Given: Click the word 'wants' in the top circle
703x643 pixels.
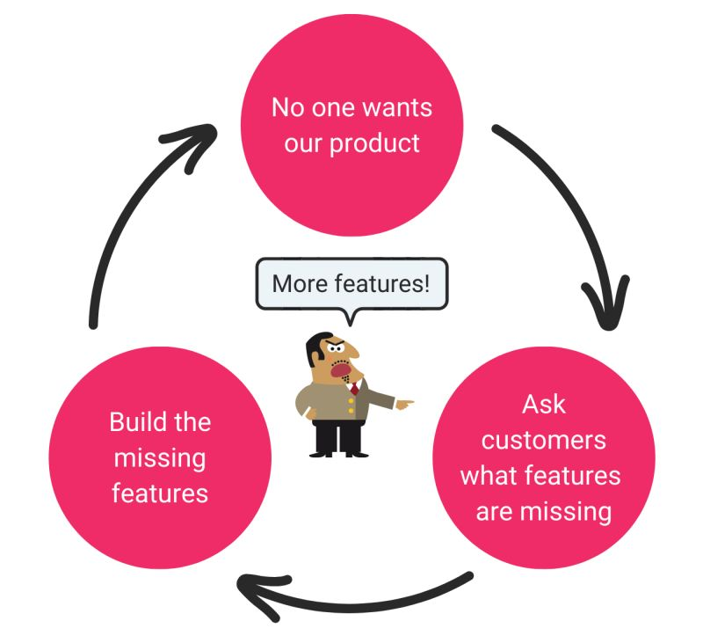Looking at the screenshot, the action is tap(397, 108).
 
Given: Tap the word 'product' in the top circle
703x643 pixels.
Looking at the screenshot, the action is tap(374, 144).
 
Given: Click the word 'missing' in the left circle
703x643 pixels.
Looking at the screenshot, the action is tap(160, 459).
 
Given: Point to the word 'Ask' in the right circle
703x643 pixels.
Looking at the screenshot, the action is tap(543, 405).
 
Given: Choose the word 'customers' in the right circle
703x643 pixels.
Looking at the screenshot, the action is tap(543, 440).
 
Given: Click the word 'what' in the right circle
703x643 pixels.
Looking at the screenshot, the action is tap(487, 476).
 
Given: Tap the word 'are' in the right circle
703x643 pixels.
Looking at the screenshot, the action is tap(494, 512).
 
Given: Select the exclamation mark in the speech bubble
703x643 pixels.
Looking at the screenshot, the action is tap(426, 283).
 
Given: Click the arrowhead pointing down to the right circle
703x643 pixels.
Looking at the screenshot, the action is tap(606, 303).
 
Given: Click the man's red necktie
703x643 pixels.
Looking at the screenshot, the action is tap(354, 387).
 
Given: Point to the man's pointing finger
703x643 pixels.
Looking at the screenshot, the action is tap(406, 404).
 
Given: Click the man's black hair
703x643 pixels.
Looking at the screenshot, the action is tap(315, 347).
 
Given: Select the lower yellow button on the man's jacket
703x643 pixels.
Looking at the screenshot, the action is tap(351, 411).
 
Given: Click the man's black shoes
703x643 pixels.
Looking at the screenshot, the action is tap(339, 454).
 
